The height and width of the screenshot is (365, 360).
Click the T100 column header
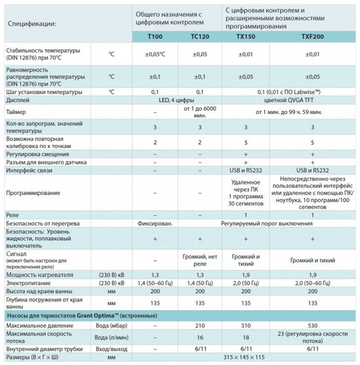point(157,38)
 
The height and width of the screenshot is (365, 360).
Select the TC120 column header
point(200,38)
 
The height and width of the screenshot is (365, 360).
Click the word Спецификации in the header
point(31,24)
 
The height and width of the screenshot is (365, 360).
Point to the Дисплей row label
point(18,101)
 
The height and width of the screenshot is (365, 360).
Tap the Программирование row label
point(36,193)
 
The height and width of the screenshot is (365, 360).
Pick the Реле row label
point(12,214)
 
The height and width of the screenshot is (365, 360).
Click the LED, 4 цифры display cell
point(178,101)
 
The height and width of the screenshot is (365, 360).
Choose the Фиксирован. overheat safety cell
point(156,224)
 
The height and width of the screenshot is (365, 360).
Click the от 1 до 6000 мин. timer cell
point(200,113)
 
